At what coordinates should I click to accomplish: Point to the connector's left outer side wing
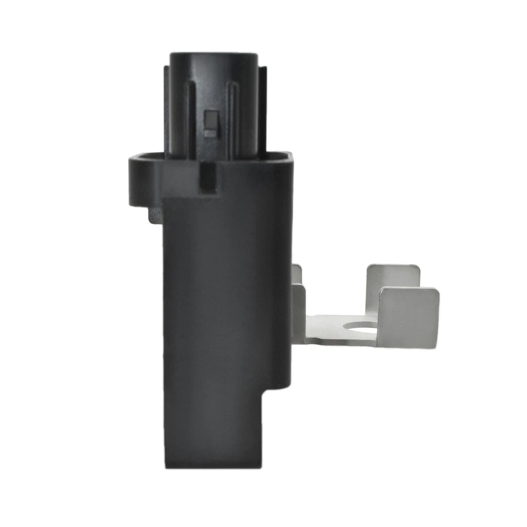click(167, 110)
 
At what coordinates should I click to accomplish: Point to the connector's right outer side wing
click(262, 110)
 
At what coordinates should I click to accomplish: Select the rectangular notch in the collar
click(208, 178)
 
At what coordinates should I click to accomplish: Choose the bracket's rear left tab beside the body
click(297, 272)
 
